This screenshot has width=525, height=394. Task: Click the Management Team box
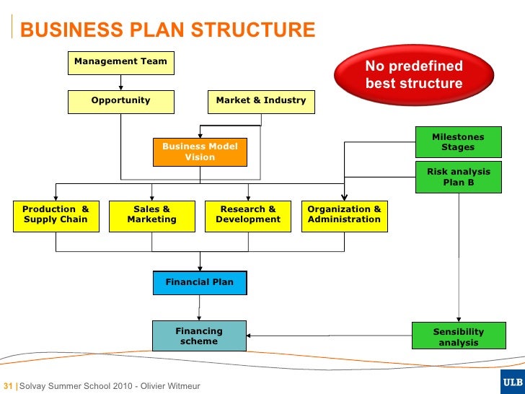click(120, 62)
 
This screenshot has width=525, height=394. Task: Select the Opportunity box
click(120, 101)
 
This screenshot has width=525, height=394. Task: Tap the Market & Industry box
click(260, 101)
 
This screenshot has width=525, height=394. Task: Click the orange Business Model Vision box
click(200, 152)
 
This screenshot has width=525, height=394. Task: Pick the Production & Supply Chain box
click(56, 215)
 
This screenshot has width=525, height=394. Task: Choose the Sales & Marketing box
click(151, 215)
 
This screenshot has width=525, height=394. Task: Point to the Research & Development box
click(248, 215)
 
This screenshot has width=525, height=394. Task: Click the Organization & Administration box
click(344, 215)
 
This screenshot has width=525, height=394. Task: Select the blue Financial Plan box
click(200, 283)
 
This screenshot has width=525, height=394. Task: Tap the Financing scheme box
click(199, 336)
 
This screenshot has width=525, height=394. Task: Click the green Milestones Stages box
click(458, 142)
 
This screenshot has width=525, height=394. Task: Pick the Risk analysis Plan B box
click(458, 178)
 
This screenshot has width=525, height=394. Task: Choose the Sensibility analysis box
click(458, 337)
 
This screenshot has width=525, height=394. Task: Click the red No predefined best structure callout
click(413, 75)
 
